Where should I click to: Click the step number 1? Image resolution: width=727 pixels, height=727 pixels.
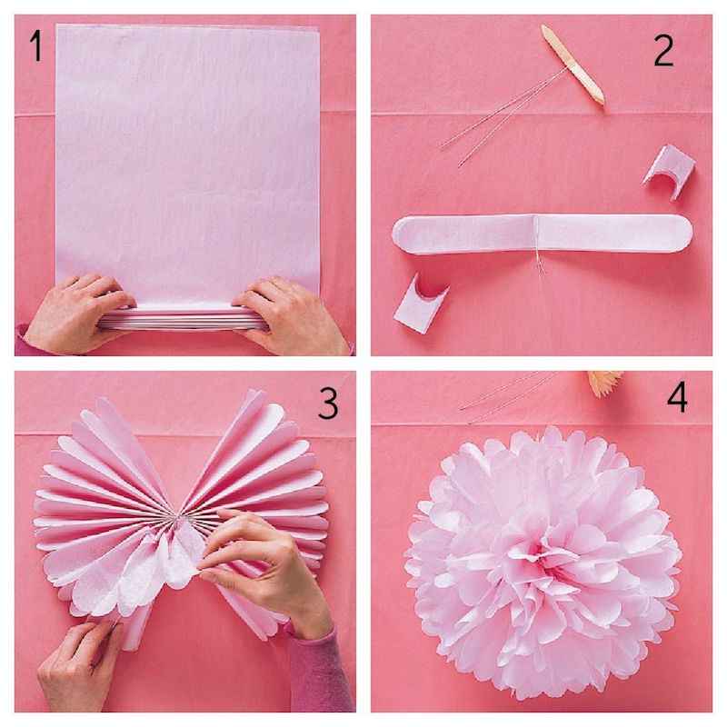[x=35, y=47]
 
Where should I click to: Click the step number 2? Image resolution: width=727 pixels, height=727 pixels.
[x=663, y=52]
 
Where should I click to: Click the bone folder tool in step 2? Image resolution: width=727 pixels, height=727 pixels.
[x=572, y=65]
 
